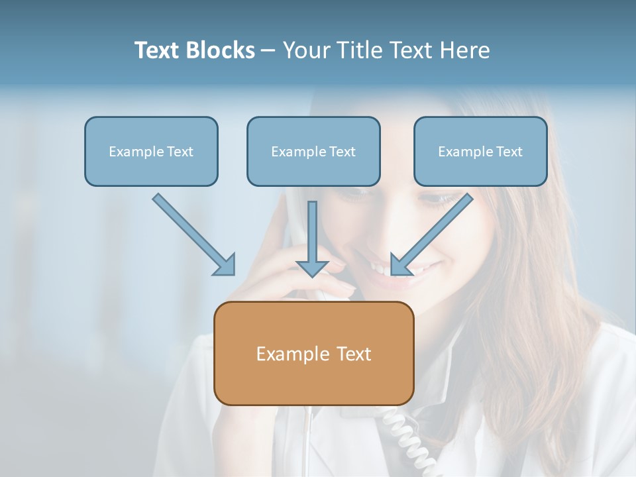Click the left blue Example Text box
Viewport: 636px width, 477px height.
(151, 151)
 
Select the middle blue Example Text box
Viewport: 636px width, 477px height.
(313, 151)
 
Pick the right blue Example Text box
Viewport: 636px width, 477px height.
(480, 151)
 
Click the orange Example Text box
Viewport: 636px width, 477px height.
(313, 353)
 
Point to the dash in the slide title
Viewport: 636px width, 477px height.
(268, 51)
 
